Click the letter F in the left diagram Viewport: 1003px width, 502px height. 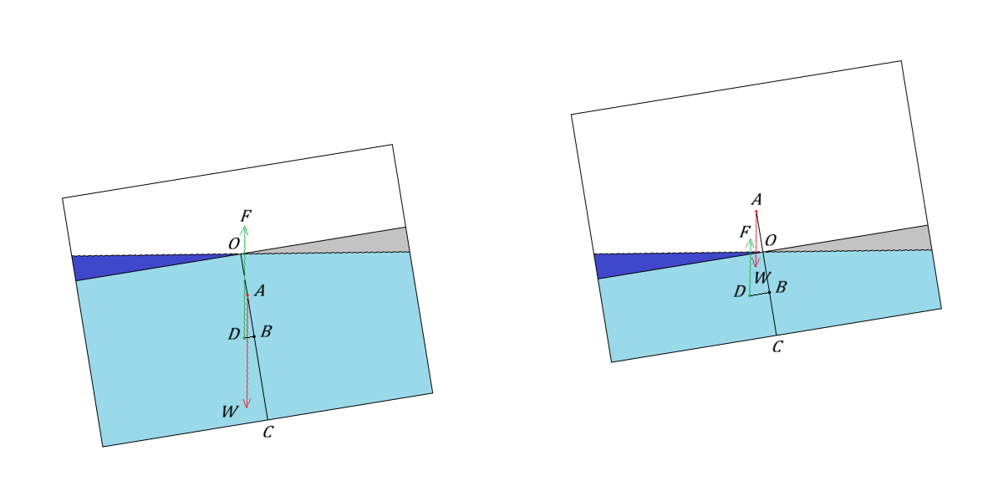pos(246,216)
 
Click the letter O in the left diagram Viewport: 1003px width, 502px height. pos(234,243)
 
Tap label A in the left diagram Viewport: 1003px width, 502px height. pos(260,291)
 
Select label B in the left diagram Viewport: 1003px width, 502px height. pos(266,331)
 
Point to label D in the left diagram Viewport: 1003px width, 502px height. pos(234,334)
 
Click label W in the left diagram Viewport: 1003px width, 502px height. pos(230,412)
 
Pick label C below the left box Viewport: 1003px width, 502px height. pos(267,432)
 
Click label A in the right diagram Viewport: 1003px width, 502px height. pos(756,199)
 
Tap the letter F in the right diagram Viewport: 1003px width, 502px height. pos(745,233)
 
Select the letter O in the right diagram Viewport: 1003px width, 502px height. pos(771,240)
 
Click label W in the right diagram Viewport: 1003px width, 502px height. pos(762,278)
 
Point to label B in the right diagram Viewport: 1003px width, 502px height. pos(781,287)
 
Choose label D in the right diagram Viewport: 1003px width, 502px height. pos(739,292)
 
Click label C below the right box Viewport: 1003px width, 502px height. pos(777,347)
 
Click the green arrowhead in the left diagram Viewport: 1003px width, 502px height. pos(244,230)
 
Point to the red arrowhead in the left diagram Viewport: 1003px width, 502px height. pos(247,403)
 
